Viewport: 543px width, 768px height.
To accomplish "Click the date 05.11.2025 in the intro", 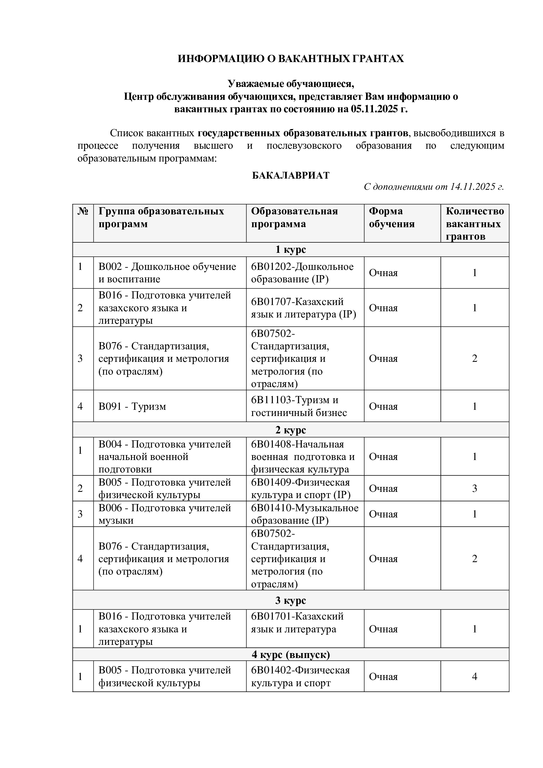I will (x=374, y=109).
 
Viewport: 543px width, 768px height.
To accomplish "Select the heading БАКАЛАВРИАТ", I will (x=291, y=175).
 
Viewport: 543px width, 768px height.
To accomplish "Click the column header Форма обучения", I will (x=392, y=217).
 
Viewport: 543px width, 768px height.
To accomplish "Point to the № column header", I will (x=83, y=211).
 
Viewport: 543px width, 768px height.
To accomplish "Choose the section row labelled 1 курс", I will (x=291, y=250).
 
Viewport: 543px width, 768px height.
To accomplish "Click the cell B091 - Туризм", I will (x=132, y=406).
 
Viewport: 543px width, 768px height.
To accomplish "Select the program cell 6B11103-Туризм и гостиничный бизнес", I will (x=299, y=406).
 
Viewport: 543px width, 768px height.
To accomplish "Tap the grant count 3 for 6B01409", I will (x=474, y=489).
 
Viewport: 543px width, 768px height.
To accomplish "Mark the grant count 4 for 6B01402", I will (x=474, y=677).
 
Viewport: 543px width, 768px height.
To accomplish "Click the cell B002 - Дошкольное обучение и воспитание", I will (x=167, y=273).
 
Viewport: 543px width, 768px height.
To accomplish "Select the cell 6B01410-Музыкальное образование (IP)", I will (x=304, y=514).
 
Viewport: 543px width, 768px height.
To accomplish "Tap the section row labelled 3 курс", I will (x=291, y=601).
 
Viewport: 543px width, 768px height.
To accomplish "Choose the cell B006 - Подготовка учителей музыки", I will (x=164, y=514).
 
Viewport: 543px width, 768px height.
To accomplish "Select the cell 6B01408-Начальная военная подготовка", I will (x=303, y=457).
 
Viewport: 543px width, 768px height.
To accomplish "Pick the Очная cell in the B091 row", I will (x=383, y=406).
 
